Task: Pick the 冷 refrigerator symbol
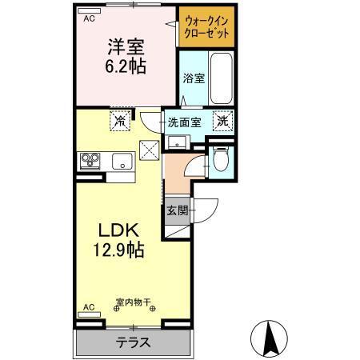tap(120, 122)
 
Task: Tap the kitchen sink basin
tap(122, 162)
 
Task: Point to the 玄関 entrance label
tap(177, 211)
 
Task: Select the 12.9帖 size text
tap(117, 250)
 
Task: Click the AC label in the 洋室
tap(90, 17)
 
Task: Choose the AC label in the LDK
tap(89, 306)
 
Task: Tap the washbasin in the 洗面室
tap(174, 143)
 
